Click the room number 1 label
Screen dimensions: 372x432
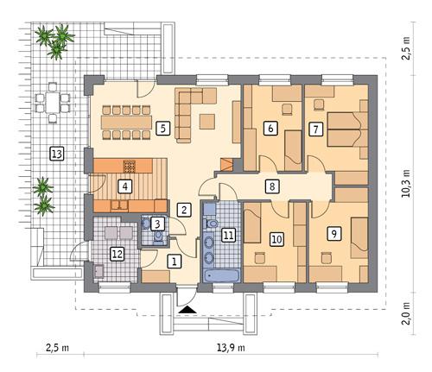tap(173, 260)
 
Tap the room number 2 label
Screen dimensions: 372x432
tap(183, 209)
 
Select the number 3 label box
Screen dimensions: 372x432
tap(156, 224)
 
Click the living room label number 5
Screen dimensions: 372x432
tap(162, 129)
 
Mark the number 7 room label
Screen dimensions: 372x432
tap(315, 129)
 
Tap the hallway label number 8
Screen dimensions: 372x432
tap(271, 186)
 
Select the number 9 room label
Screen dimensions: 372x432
tap(334, 233)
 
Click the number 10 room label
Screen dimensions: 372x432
tap(276, 239)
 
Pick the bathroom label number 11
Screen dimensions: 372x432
tap(227, 233)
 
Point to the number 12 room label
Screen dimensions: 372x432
tap(118, 253)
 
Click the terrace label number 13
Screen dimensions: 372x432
tap(57, 154)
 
